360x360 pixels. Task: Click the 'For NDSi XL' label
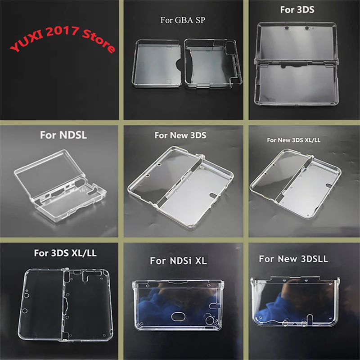(179, 261)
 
